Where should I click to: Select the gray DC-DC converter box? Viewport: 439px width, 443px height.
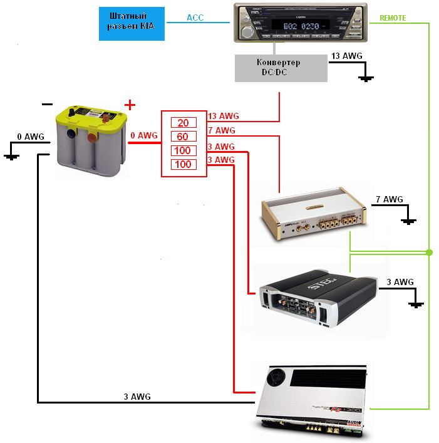click(x=281, y=68)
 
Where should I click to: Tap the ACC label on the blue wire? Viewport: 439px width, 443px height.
click(x=195, y=18)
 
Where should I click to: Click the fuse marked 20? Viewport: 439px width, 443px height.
click(x=183, y=123)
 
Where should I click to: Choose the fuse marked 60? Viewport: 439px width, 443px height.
click(x=183, y=137)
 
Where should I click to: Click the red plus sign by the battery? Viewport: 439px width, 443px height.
click(x=130, y=105)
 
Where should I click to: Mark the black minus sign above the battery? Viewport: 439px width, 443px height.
click(x=47, y=105)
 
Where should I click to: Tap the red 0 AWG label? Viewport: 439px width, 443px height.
click(x=144, y=135)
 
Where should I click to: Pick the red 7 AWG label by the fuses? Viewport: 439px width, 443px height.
click(x=221, y=130)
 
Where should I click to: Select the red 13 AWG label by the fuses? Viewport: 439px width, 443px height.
click(x=223, y=116)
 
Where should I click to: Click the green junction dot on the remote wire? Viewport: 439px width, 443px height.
click(x=429, y=253)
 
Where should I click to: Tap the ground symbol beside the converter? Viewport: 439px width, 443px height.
click(x=366, y=78)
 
